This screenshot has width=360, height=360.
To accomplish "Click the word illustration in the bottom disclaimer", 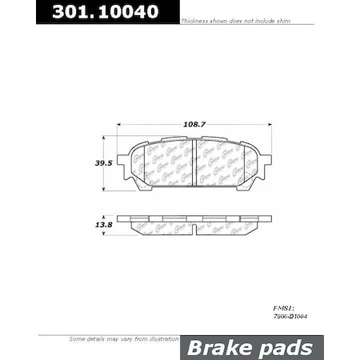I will pyautogui.click(x=159, y=340).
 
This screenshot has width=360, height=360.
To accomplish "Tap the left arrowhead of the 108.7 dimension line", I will pyautogui.click(x=120, y=124).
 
